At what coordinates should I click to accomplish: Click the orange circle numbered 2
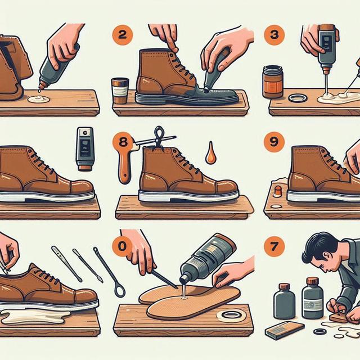[122, 35]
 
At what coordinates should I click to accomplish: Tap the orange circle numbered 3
[274, 35]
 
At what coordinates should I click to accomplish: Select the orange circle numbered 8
[123, 142]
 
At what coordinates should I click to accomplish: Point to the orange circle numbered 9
[274, 142]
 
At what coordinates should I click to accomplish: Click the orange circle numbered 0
[123, 246]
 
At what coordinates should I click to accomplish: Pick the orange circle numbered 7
[274, 246]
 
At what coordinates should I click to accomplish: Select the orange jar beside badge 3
[273, 82]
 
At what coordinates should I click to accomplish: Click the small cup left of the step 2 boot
[120, 91]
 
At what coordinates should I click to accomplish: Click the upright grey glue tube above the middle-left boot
[85, 149]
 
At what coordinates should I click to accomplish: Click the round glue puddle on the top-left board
[39, 99]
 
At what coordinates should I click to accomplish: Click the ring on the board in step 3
[298, 98]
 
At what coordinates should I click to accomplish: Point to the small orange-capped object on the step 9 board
[278, 191]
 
